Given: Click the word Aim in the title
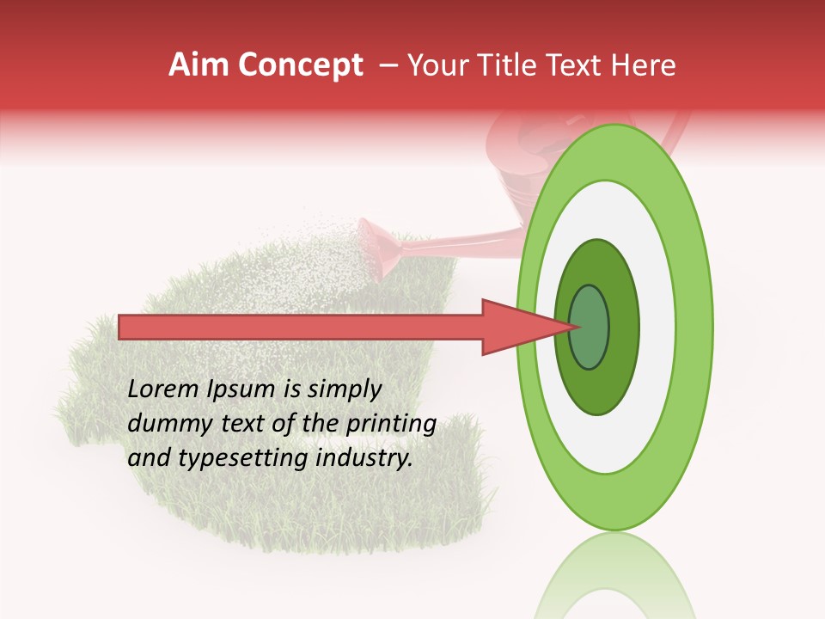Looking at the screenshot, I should click(199, 65).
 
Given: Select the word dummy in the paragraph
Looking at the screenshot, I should click(164, 424).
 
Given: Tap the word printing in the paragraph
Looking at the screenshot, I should click(391, 425).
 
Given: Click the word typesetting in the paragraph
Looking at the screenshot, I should click(231, 459).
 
